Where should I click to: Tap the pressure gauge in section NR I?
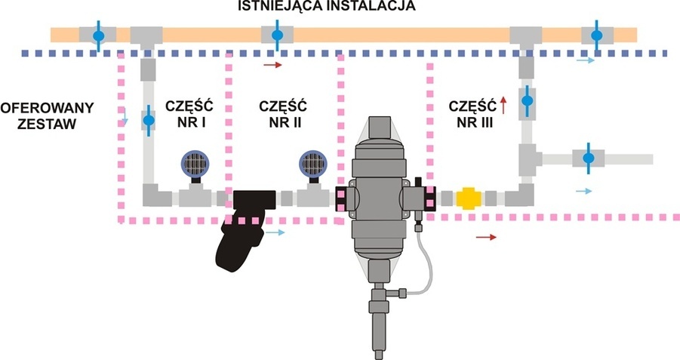coord(196,164)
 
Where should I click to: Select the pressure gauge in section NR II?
coord(312,164)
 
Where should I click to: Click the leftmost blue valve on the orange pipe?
coord(98,35)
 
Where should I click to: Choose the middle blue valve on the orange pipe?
coord(275,35)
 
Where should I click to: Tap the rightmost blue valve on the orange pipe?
coord(596,35)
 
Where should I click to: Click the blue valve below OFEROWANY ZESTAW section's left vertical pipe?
coord(149,120)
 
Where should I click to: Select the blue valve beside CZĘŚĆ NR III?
coord(528,100)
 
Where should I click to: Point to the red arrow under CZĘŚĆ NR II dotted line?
coord(273,66)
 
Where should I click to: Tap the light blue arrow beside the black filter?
coord(277,232)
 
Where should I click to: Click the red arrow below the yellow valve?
coord(488,237)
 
